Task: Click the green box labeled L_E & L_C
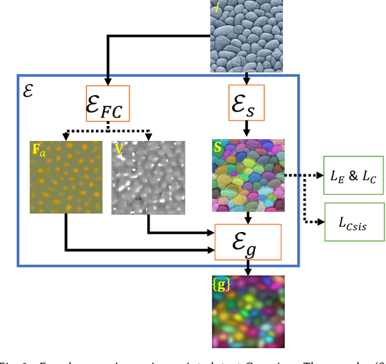click(353, 175)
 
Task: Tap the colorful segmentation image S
click(248, 175)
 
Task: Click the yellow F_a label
click(38, 148)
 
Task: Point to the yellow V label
click(119, 147)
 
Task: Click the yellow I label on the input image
click(217, 8)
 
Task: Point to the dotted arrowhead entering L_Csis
click(320, 222)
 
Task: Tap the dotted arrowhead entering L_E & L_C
click(320, 175)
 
